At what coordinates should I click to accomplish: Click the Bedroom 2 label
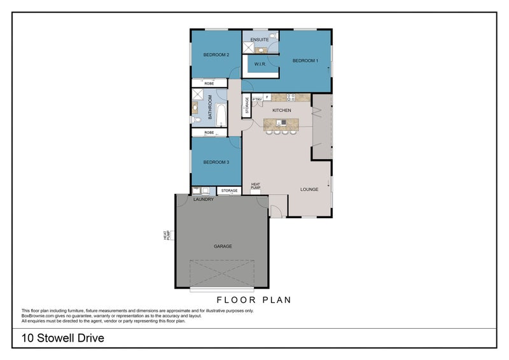click(x=216, y=55)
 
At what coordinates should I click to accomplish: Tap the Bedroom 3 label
click(x=216, y=162)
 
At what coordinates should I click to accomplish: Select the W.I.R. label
click(x=260, y=64)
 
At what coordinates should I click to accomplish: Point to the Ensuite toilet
click(x=274, y=36)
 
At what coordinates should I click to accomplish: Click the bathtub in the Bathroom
click(x=221, y=115)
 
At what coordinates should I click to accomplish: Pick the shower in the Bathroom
click(x=198, y=95)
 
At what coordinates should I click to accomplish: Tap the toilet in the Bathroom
click(x=197, y=120)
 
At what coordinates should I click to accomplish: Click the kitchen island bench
click(x=281, y=124)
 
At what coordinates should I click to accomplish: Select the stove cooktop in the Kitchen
click(x=291, y=97)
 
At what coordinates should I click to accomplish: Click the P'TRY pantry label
click(x=257, y=99)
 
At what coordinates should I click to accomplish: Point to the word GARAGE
click(x=223, y=246)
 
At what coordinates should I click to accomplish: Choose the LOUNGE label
click(x=309, y=190)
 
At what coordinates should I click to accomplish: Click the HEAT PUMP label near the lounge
click(x=256, y=186)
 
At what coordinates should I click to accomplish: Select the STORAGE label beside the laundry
click(x=229, y=191)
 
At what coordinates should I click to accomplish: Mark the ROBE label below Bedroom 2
click(x=209, y=83)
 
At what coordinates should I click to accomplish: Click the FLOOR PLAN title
click(x=254, y=300)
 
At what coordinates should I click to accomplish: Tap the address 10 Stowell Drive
click(x=63, y=338)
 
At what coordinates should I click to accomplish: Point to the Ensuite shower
click(x=248, y=48)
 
